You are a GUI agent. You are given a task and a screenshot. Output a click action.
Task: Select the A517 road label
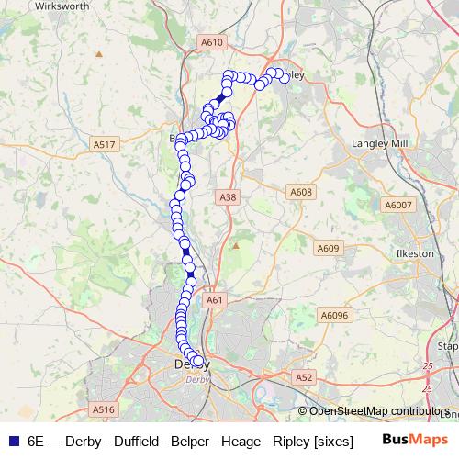105,145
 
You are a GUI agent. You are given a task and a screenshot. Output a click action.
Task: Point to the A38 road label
229,197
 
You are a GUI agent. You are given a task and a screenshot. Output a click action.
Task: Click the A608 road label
300,192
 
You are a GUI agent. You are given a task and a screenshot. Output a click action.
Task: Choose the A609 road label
328,248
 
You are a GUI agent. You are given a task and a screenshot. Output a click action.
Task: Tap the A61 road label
215,299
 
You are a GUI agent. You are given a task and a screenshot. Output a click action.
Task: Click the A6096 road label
335,315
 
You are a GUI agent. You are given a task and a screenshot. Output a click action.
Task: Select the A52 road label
304,377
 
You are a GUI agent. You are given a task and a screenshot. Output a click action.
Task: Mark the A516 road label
103,409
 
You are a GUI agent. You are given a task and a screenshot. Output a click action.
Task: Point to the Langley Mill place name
379,144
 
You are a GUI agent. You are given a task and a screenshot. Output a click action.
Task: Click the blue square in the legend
13,441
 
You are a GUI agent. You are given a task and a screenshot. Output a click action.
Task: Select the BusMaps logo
414,440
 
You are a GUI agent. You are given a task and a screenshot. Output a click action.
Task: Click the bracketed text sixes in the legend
333,441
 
